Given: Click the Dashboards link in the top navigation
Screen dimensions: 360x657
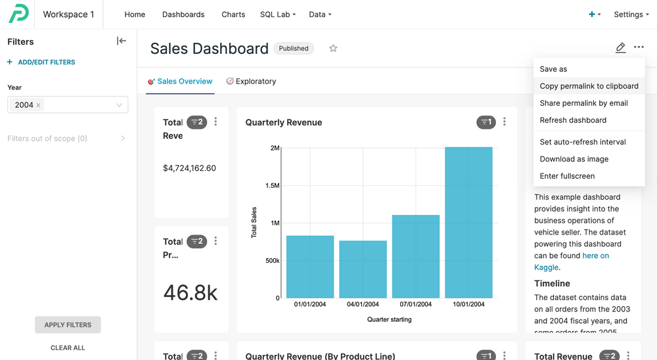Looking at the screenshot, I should pyautogui.click(x=183, y=14).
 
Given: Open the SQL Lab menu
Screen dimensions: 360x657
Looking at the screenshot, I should pyautogui.click(x=277, y=14).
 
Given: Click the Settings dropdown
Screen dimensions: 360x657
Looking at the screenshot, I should pyautogui.click(x=631, y=14).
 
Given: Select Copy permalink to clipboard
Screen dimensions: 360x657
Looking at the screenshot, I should pyautogui.click(x=589, y=86).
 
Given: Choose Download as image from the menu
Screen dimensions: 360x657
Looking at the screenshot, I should pyautogui.click(x=574, y=159).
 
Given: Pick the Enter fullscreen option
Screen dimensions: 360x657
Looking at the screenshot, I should pyautogui.click(x=567, y=176).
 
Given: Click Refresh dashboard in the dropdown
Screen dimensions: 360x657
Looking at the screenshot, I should pyautogui.click(x=573, y=120).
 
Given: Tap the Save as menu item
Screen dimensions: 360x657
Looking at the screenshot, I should pyautogui.click(x=553, y=69).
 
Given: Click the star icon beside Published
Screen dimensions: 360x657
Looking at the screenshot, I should pyautogui.click(x=333, y=48).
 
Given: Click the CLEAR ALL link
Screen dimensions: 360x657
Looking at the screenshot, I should pyautogui.click(x=68, y=348).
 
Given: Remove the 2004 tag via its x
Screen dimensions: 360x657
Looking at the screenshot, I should pyautogui.click(x=38, y=105).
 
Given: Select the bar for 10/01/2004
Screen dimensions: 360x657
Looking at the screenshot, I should pyautogui.click(x=468, y=223).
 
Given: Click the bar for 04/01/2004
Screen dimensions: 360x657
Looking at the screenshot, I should pyautogui.click(x=363, y=269).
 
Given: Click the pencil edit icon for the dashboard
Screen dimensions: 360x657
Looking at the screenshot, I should pyautogui.click(x=620, y=48).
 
